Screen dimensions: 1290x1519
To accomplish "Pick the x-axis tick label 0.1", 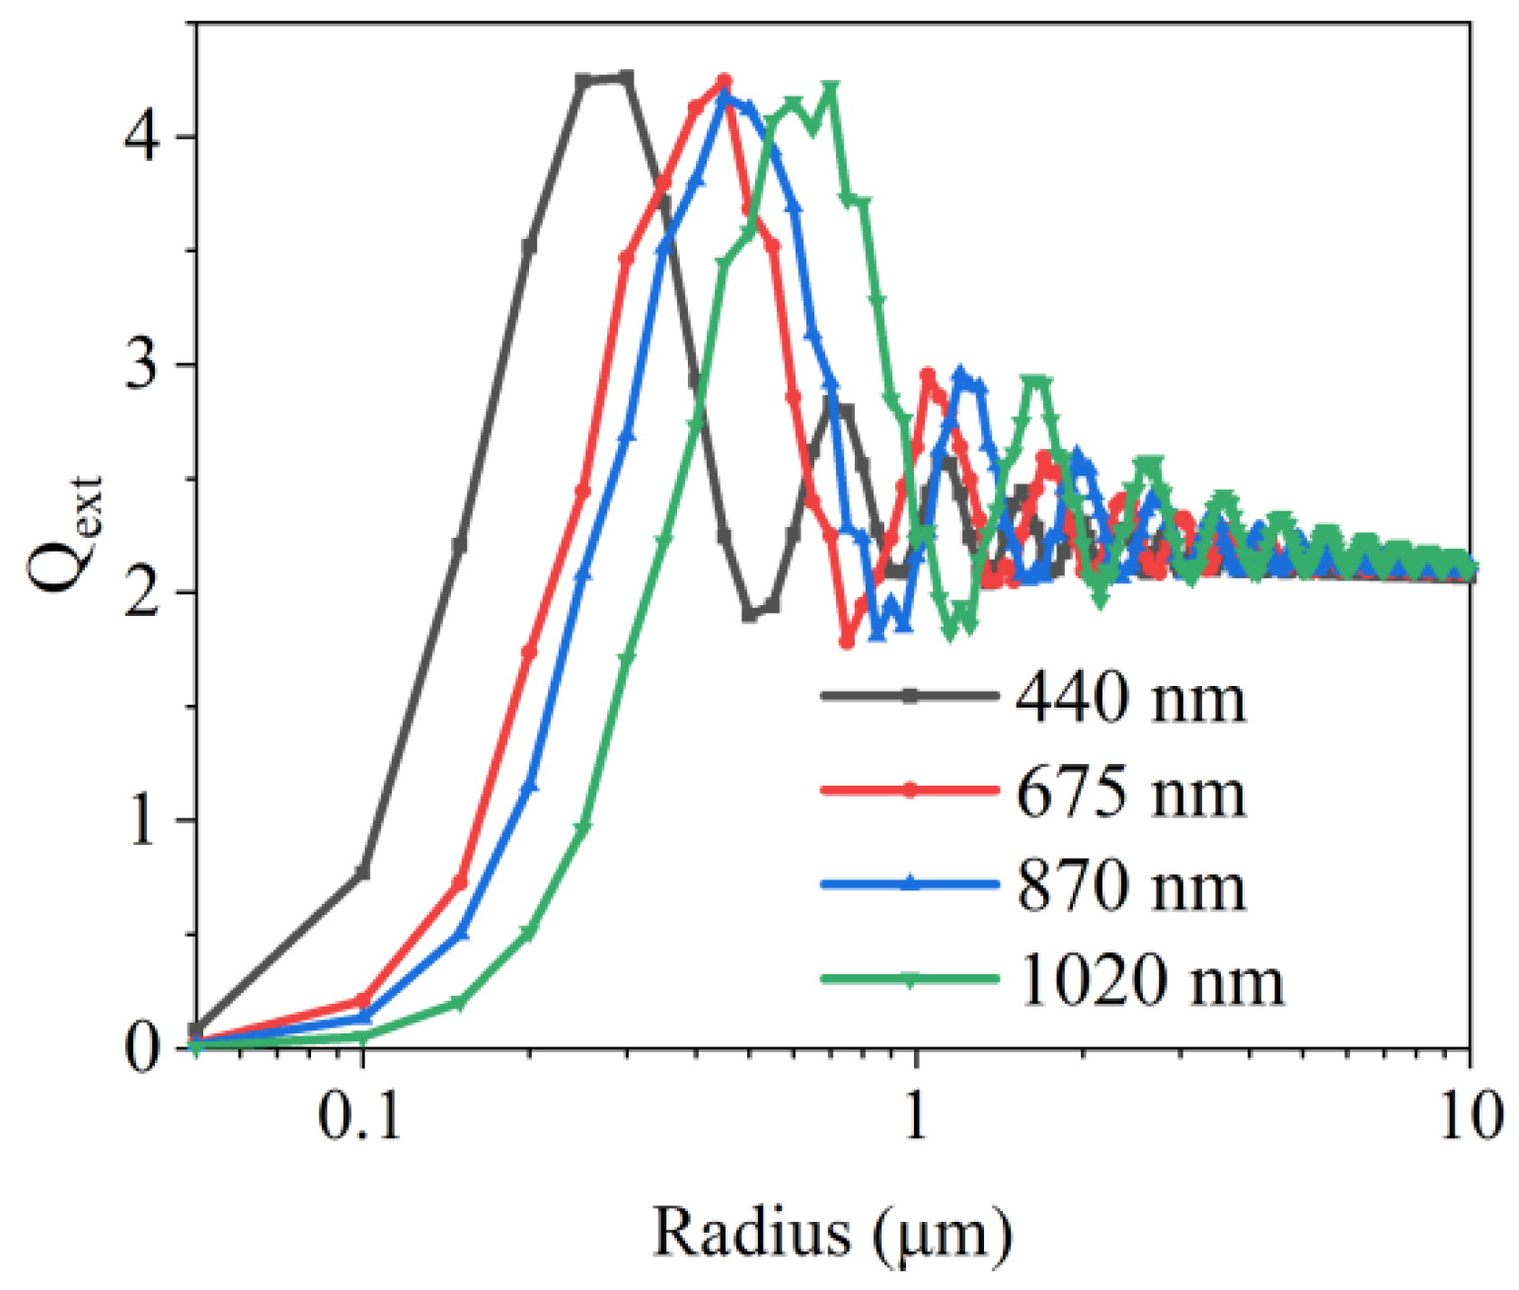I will [x=361, y=1116].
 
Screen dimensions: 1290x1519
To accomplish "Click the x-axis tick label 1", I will [x=917, y=1116].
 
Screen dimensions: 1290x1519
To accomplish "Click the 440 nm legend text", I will [x=1131, y=699].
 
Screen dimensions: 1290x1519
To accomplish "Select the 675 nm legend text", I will [x=1131, y=792].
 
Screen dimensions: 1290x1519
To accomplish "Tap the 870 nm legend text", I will [x=1131, y=885].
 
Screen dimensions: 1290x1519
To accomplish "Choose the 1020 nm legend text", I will [x=1151, y=980].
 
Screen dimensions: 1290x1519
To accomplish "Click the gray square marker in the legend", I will [x=910, y=696].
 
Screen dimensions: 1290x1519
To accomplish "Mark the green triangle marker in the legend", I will [x=910, y=979].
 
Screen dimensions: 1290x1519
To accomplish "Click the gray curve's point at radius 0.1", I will [x=362, y=873].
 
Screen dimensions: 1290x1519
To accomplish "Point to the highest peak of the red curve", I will [x=723, y=81].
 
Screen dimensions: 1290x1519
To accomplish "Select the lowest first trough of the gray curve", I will [x=750, y=615].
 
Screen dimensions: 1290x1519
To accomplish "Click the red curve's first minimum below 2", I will [x=846, y=642].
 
